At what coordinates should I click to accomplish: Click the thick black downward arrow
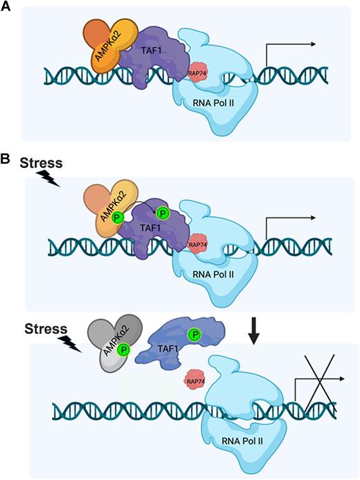(x=255, y=332)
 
